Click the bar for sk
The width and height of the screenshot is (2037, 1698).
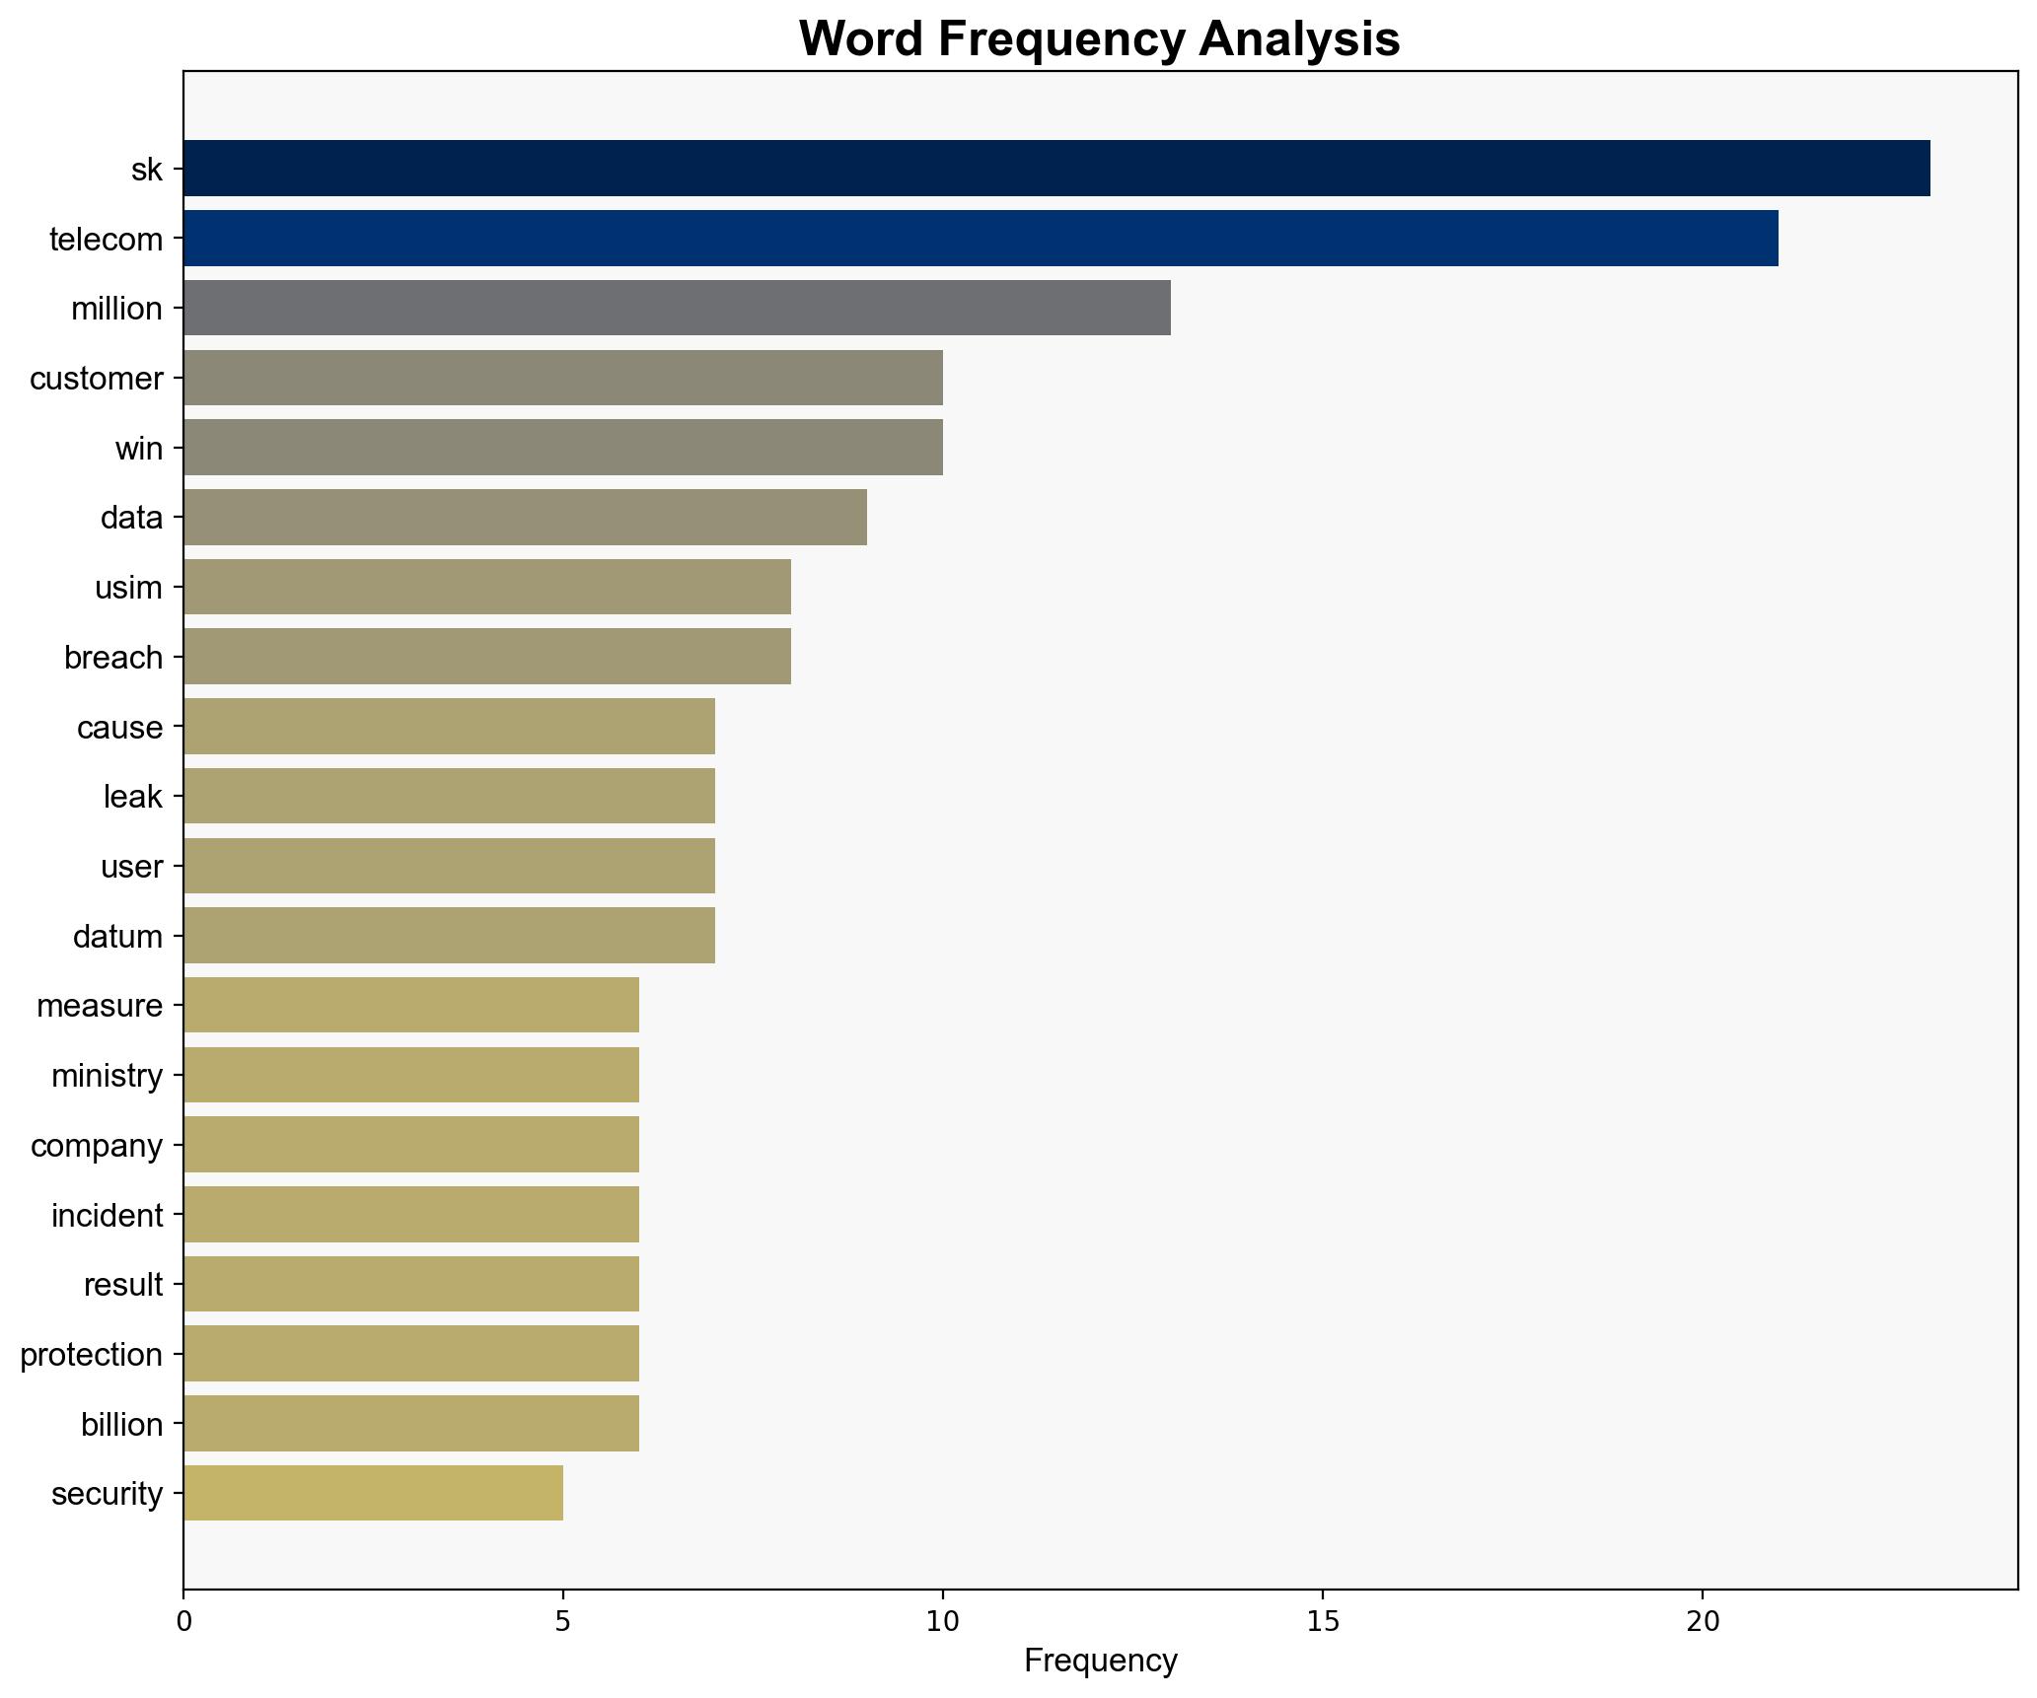coord(1055,169)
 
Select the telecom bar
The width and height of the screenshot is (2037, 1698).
coord(981,239)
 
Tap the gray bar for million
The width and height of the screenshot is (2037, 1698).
coord(677,308)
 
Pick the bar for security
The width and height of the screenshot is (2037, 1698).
coord(373,1493)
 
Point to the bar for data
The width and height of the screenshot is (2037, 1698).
coord(525,517)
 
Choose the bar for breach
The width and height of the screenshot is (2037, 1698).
coord(487,657)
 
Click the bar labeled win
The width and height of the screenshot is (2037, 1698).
coord(562,448)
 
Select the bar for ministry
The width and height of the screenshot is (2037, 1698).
coord(411,1075)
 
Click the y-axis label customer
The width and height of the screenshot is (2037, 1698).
coord(97,379)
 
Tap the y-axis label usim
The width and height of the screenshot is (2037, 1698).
coord(128,588)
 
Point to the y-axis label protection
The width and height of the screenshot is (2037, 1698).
coord(92,1355)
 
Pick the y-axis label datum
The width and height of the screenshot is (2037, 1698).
coord(117,936)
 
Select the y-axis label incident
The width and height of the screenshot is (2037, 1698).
coord(107,1215)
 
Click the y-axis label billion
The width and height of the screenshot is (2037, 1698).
coord(121,1424)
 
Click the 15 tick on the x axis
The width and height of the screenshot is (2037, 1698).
coord(1322,1621)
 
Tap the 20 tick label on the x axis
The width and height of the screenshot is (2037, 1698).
coord(1702,1621)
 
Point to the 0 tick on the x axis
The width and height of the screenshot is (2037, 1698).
coord(183,1621)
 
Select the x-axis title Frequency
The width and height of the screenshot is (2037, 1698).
coord(1100,1661)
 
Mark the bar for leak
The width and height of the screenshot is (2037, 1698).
coord(449,796)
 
